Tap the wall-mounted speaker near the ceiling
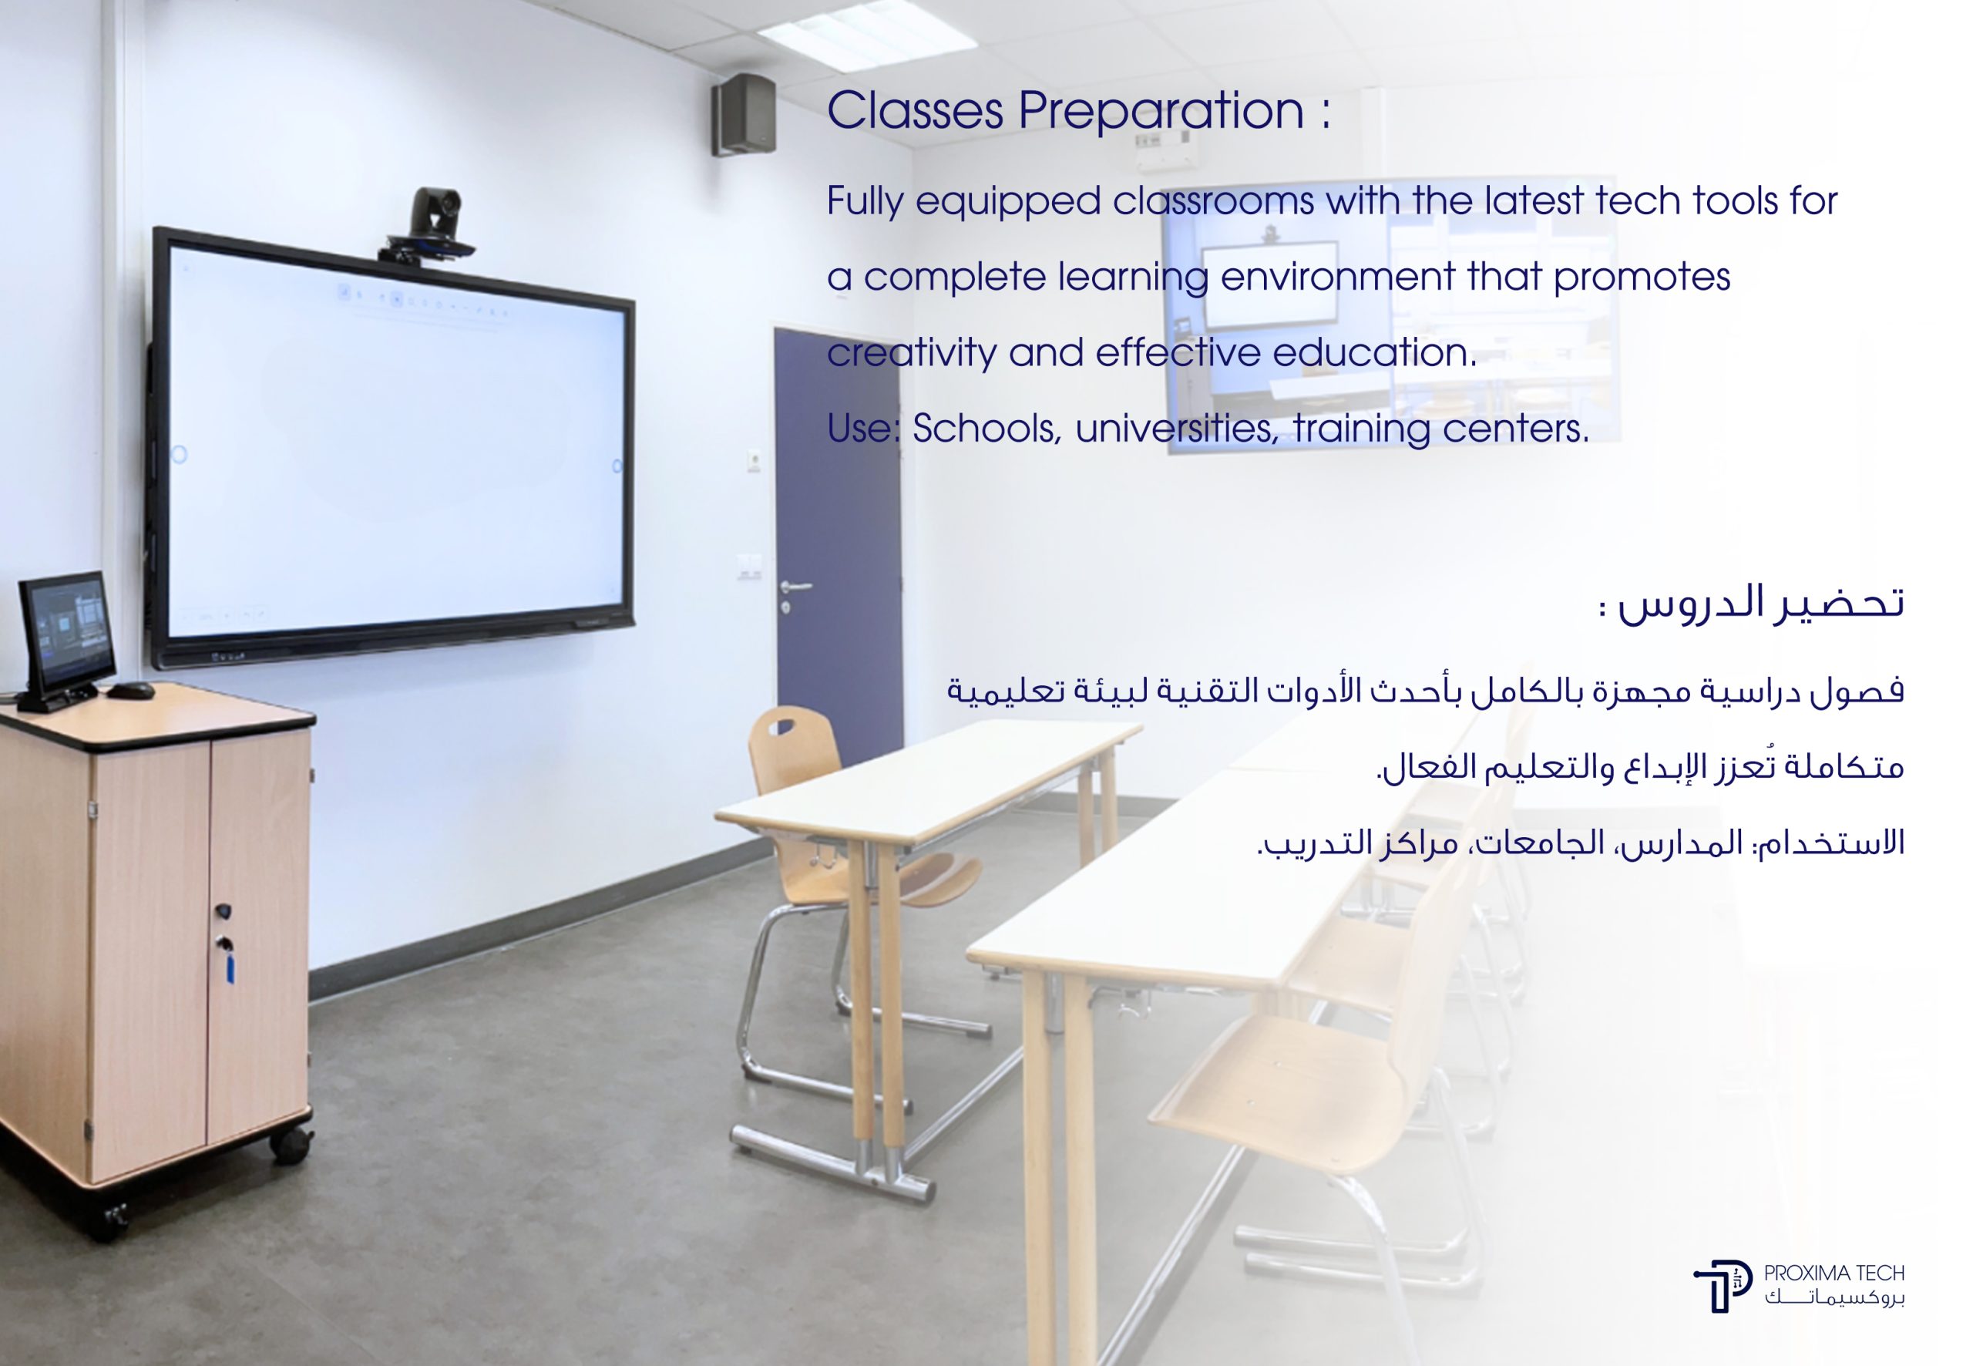point(744,114)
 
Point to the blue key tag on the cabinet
point(230,967)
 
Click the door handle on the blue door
point(795,587)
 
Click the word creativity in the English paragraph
point(911,352)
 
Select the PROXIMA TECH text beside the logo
point(1834,1273)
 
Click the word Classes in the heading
point(915,111)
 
